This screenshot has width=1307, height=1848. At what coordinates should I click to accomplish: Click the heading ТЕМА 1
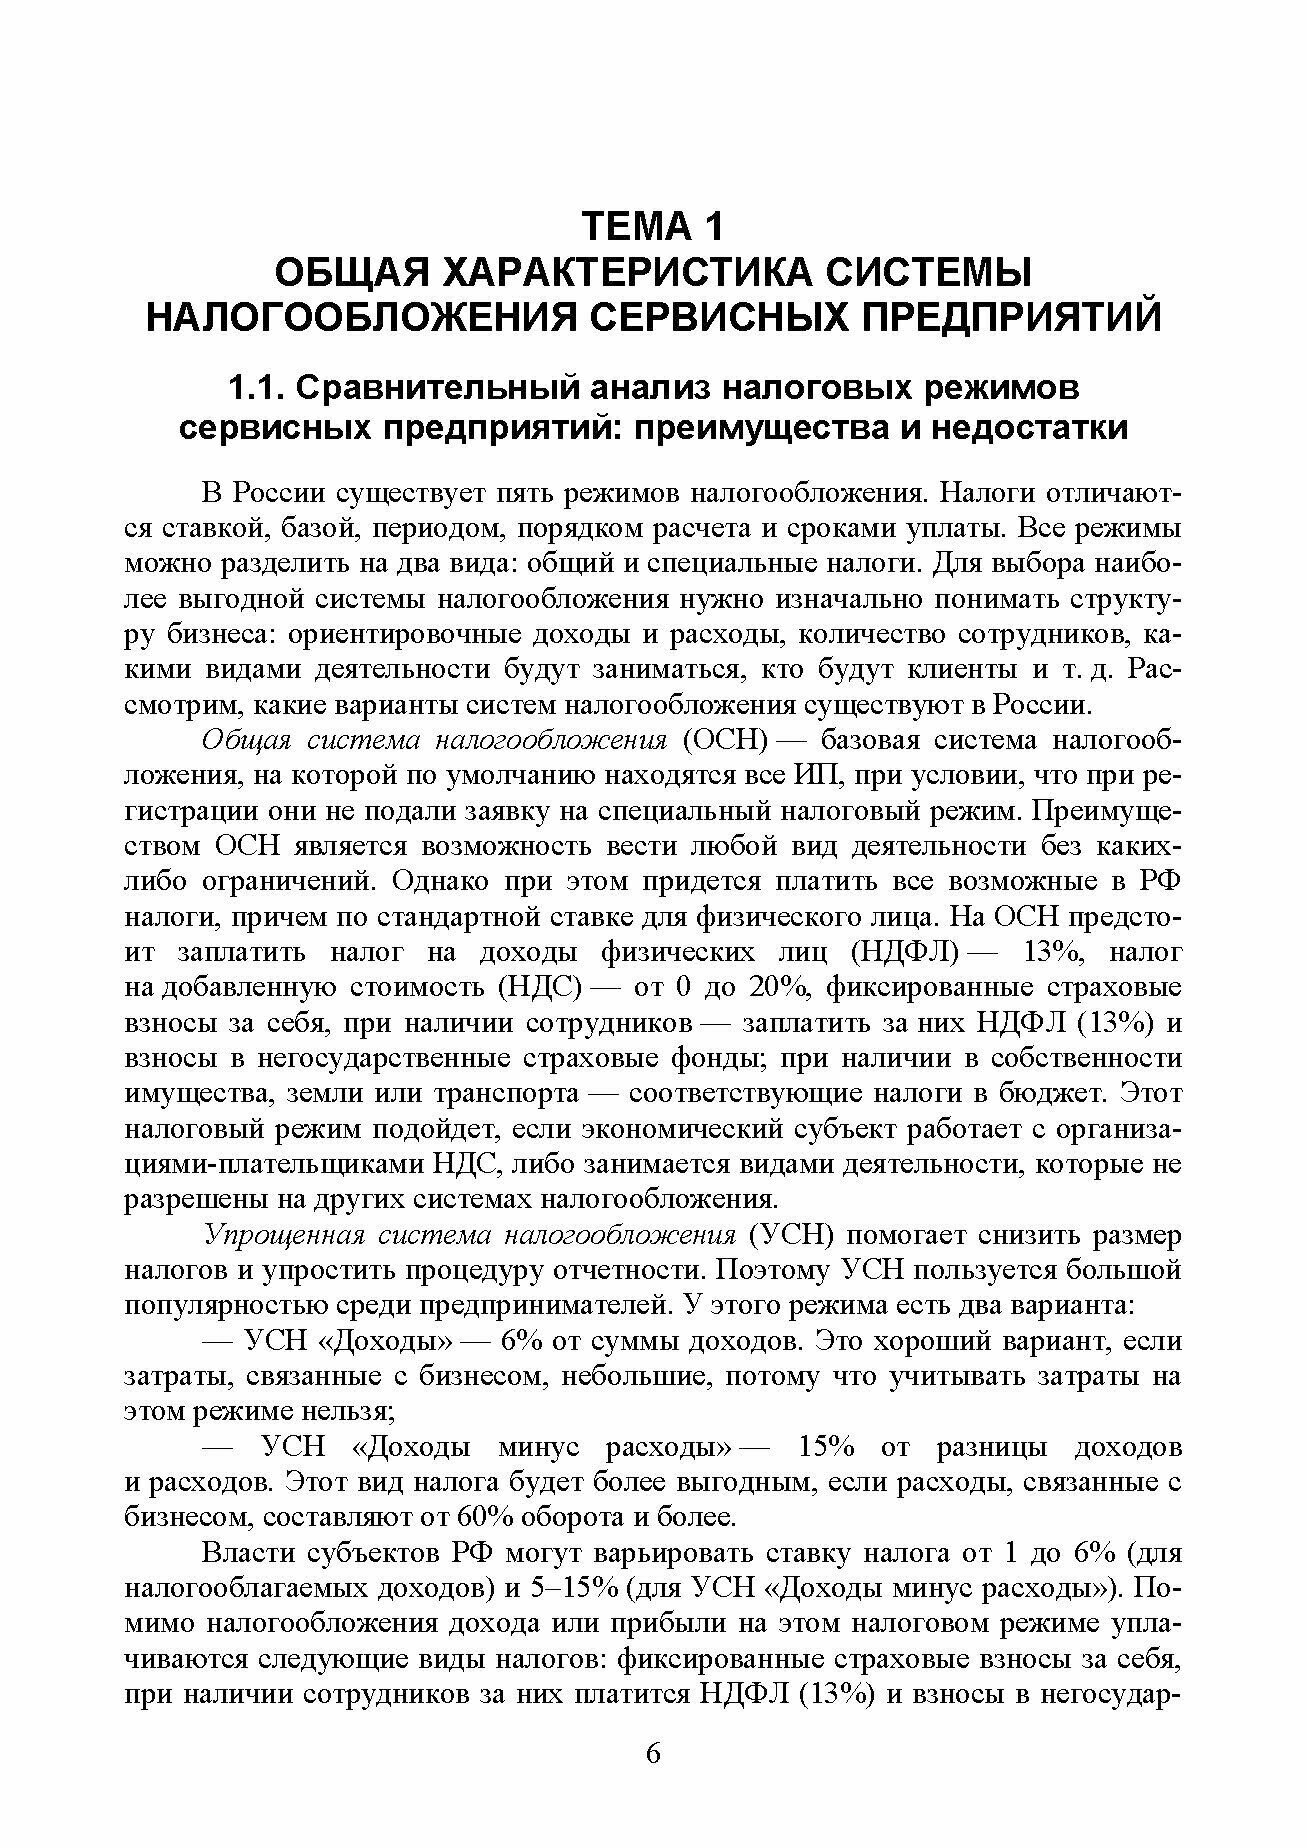(x=652, y=227)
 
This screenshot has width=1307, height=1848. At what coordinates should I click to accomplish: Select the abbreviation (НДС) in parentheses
(x=539, y=987)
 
